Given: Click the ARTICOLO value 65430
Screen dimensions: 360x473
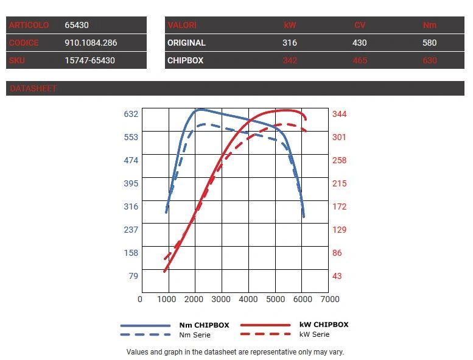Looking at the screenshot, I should pos(77,26).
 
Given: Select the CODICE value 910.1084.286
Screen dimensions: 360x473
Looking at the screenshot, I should pos(91,43).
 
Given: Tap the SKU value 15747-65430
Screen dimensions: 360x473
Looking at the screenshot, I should pos(89,60).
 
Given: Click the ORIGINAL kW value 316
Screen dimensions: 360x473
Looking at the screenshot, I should pos(290,43).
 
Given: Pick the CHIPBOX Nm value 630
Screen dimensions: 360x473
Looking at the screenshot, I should pos(430,60).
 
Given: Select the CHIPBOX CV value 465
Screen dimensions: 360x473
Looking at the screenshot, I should pos(360,60).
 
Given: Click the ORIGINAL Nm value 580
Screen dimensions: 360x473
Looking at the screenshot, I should pos(430,43).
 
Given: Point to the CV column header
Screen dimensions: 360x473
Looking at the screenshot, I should pos(360,26).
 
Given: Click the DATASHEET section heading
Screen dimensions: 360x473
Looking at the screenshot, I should pos(33,88).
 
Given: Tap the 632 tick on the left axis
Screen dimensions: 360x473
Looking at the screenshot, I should pos(131,114).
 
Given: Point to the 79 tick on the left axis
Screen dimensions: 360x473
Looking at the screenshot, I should pos(133,276).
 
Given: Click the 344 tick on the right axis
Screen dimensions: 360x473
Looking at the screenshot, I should pos(339,114).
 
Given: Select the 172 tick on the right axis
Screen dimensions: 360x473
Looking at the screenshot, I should pos(339,206).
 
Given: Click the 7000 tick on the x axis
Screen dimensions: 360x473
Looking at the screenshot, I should pos(329,299).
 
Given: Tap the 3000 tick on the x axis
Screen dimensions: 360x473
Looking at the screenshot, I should pos(221,299).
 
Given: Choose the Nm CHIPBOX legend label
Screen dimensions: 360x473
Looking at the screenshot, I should pos(204,325).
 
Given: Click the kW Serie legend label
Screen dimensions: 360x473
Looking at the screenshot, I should pos(314,334).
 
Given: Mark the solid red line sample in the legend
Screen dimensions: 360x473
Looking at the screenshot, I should pos(265,325).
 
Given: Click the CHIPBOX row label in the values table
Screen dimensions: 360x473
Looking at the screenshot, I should pos(185,60).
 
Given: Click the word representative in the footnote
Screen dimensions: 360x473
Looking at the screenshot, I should pos(251,352).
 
